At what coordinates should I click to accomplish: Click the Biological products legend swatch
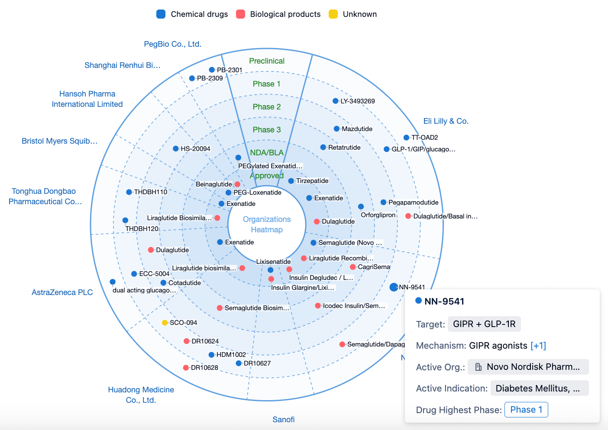[x=240, y=14]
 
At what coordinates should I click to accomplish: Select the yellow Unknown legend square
[x=333, y=14]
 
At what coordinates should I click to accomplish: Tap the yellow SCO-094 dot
[x=165, y=323]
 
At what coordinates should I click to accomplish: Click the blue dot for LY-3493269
[x=336, y=101]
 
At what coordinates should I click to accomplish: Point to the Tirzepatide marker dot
[x=291, y=181]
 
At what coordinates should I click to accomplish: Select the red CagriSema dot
[x=353, y=267]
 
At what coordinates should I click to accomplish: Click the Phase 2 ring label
[x=267, y=107]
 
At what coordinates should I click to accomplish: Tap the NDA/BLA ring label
[x=267, y=153]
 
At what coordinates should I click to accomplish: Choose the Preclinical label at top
[x=267, y=61]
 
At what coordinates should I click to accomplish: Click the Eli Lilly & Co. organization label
[x=446, y=121]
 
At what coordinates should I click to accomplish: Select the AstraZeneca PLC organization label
[x=62, y=292]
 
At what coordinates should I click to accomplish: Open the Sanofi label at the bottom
[x=283, y=420]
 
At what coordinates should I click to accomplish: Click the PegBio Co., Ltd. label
[x=173, y=44]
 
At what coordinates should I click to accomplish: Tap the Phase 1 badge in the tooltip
[x=526, y=410]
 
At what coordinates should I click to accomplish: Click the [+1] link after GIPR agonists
[x=538, y=346]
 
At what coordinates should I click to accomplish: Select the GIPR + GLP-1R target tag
[x=484, y=324]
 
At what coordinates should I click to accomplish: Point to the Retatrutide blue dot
[x=323, y=147]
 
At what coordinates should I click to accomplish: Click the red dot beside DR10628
[x=186, y=368]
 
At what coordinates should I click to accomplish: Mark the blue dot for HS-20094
[x=176, y=148]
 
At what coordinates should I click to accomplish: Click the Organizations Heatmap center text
[x=267, y=225]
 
